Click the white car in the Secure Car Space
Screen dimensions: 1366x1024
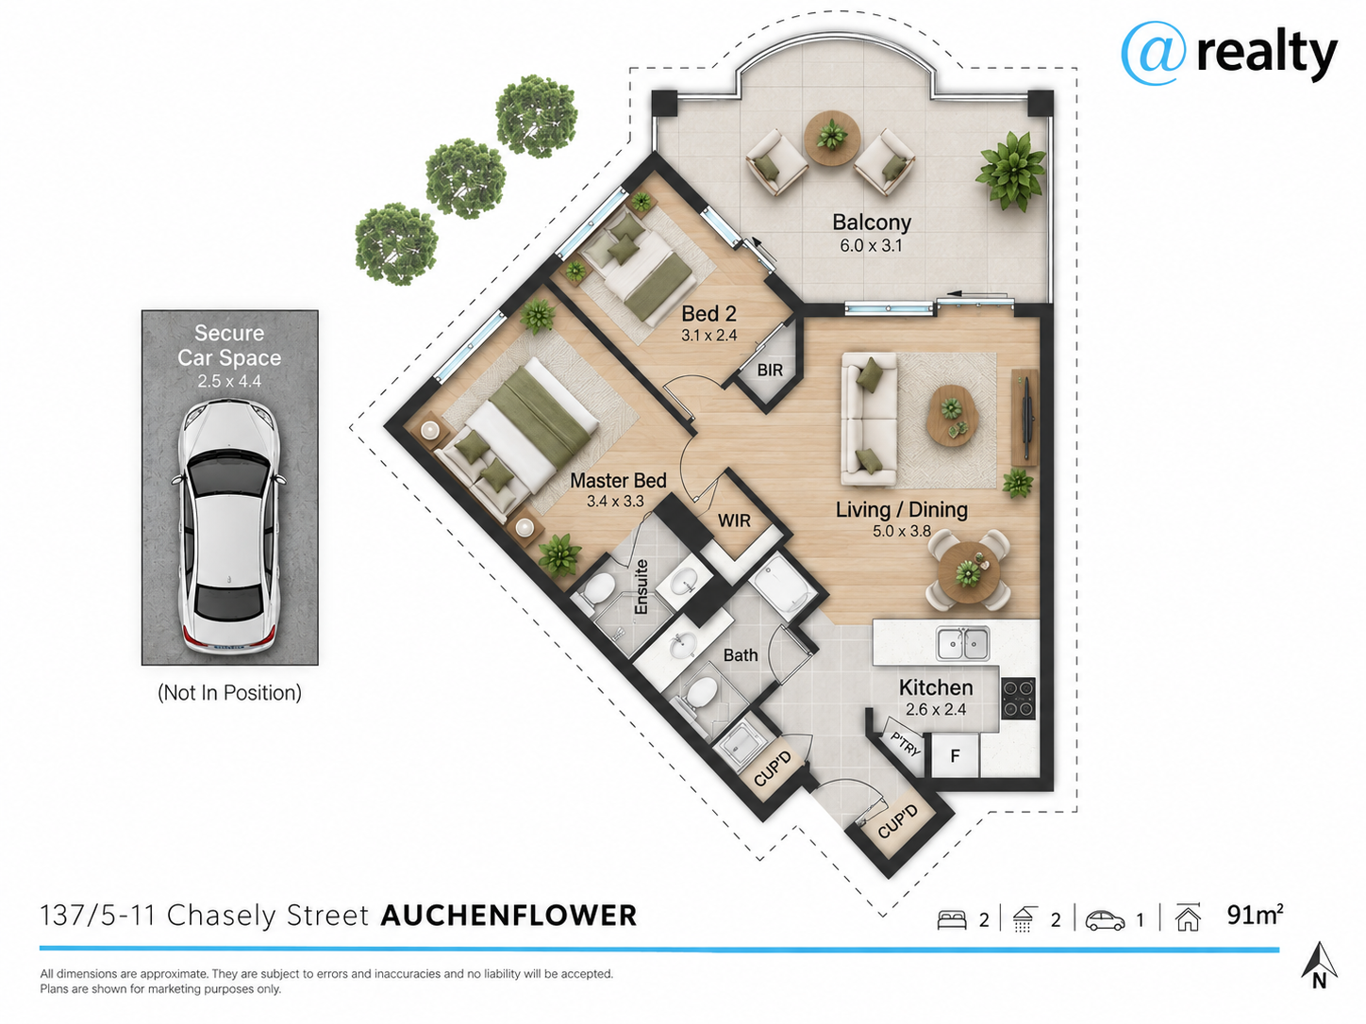(229, 527)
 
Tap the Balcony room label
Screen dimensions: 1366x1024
(872, 222)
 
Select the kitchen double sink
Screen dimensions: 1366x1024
(963, 643)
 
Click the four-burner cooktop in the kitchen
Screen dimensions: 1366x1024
(1018, 698)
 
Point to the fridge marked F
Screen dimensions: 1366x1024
(955, 755)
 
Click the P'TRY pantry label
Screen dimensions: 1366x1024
(906, 744)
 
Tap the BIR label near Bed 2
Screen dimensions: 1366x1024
(770, 371)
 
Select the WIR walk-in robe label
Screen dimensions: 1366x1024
(734, 520)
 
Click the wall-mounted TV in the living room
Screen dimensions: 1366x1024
(1024, 417)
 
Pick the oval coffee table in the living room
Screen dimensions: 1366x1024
(950, 415)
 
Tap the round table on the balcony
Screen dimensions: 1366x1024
(832, 138)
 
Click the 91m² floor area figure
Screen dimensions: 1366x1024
(1255, 916)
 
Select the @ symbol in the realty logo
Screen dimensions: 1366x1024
(1153, 53)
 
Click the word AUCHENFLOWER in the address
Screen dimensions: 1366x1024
(509, 916)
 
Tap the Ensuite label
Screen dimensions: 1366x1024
(641, 586)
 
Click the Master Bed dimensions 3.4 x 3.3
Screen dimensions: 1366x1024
(615, 501)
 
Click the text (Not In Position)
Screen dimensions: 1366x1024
(229, 693)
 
